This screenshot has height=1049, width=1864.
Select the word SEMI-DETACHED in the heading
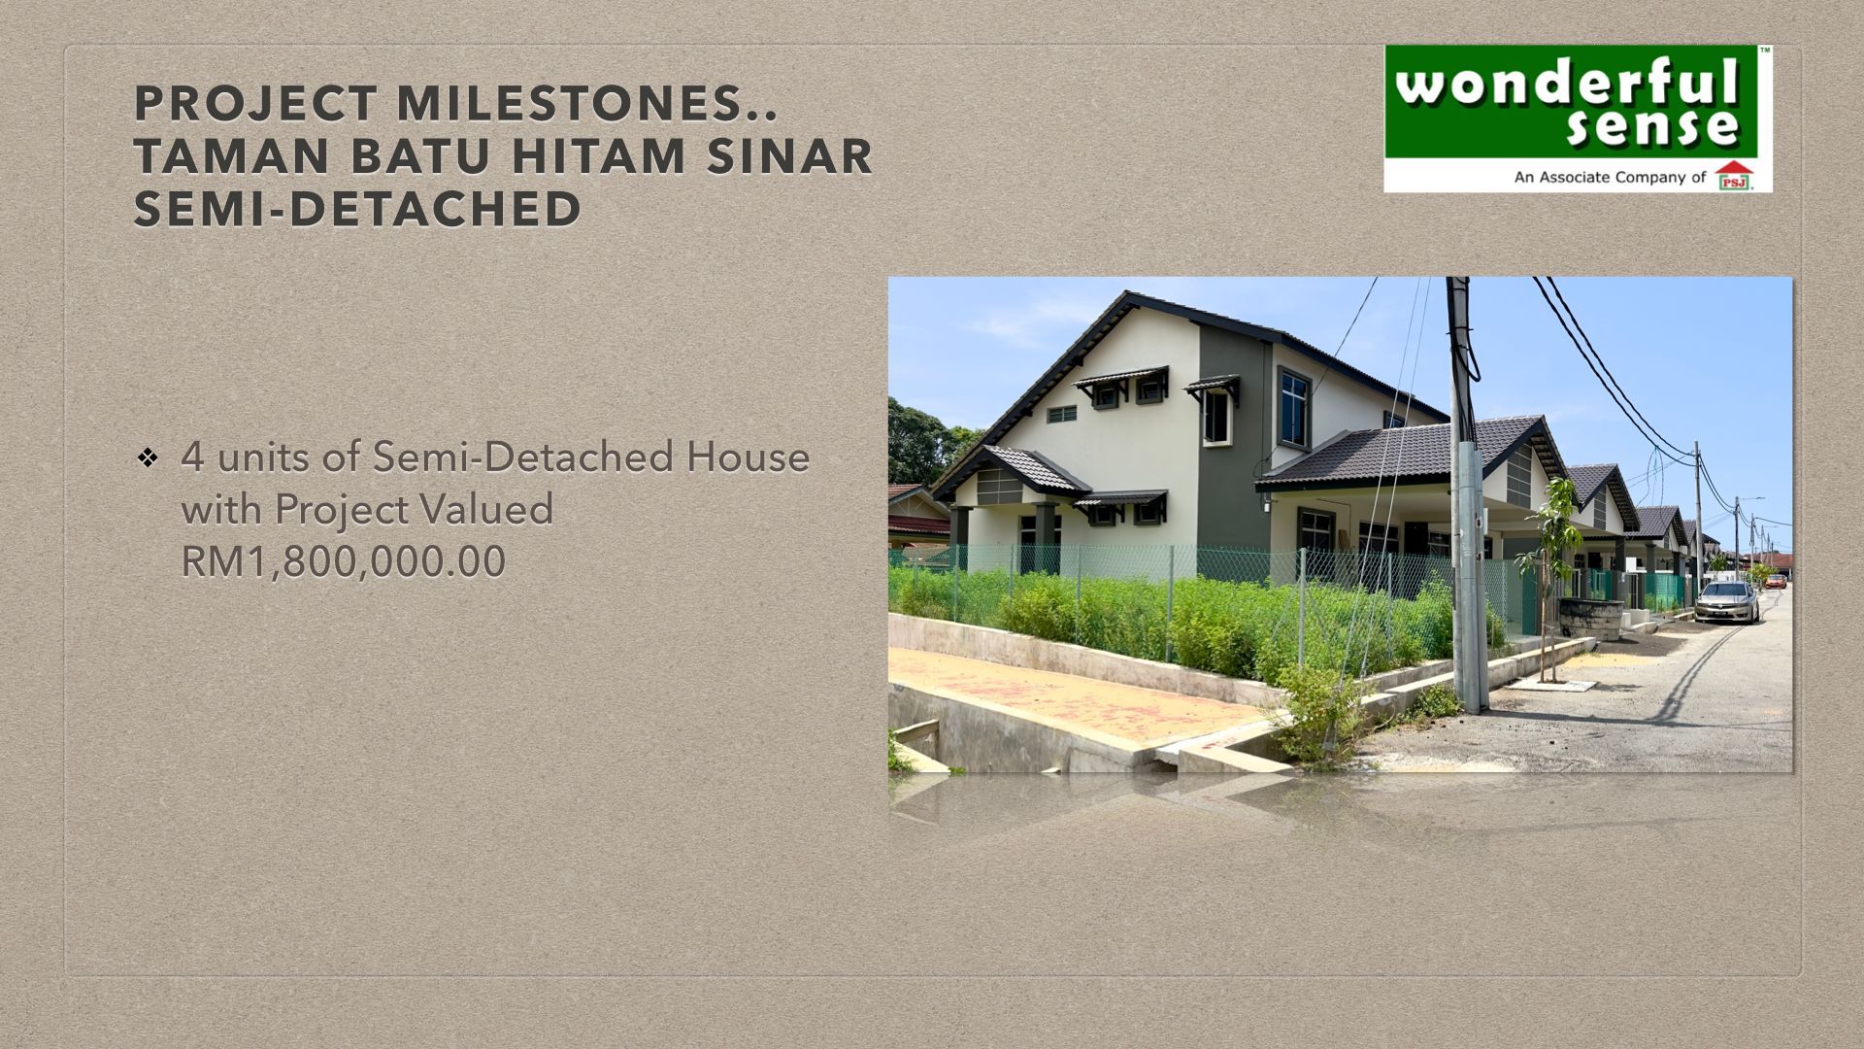coord(357,210)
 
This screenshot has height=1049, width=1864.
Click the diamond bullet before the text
coord(148,457)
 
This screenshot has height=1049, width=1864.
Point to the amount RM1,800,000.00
coord(344,561)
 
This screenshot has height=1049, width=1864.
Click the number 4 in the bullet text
coord(192,457)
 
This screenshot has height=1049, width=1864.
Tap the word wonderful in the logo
coord(1566,85)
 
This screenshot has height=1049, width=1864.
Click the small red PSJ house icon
coord(1734,176)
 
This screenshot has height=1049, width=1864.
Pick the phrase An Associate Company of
coord(1610,178)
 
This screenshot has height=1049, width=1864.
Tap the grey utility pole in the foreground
coord(1465,495)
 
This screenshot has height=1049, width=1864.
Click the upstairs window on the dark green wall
coord(1293,396)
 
